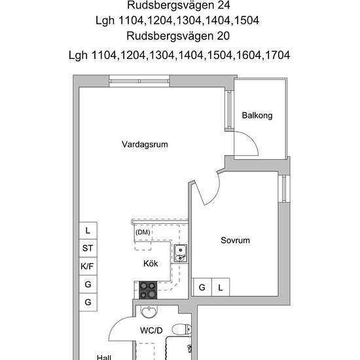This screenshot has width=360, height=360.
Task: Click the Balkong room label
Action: click(x=257, y=116)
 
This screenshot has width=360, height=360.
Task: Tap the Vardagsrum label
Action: click(x=141, y=145)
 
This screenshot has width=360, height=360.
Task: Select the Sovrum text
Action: click(x=235, y=240)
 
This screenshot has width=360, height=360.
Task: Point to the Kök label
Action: click(x=151, y=263)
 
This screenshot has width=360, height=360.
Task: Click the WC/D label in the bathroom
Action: click(x=151, y=330)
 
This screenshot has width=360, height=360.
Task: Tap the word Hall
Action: click(x=104, y=357)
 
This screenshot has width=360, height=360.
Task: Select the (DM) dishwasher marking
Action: click(x=142, y=232)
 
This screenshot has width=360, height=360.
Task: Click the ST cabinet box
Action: click(x=87, y=248)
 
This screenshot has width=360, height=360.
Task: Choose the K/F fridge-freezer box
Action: click(x=87, y=266)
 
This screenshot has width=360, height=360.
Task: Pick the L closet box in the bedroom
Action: click(x=221, y=287)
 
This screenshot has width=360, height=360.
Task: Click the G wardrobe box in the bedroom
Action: click(x=202, y=287)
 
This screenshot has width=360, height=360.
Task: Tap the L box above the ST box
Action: click(x=87, y=230)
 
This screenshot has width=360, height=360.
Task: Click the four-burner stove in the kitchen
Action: click(x=149, y=288)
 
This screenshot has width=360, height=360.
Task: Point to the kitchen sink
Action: click(x=180, y=251)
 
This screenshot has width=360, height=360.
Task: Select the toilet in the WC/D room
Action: click(x=181, y=329)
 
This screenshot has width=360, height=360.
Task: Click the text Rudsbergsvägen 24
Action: click(x=179, y=6)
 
